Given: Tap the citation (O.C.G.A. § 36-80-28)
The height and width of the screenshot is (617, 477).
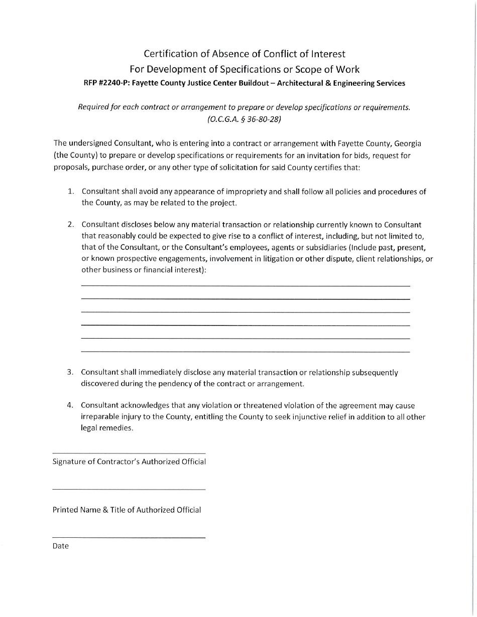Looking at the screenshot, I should point(244,120).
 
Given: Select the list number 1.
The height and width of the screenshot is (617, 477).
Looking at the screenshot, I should point(71,192).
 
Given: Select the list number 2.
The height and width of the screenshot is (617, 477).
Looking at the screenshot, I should point(71,224).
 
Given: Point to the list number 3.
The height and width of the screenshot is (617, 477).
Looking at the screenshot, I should point(71,372).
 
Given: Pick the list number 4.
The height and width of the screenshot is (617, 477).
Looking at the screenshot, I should point(71,405).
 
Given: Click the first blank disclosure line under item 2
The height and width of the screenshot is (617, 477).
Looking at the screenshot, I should point(245,286).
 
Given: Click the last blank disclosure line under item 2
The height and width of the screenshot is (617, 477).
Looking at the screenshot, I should point(245,352).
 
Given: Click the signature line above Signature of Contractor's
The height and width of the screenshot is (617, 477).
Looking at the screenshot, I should point(129,453).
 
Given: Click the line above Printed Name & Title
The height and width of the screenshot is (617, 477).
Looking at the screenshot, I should point(129,489).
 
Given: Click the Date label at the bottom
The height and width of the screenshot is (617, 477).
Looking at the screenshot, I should point(60,546).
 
